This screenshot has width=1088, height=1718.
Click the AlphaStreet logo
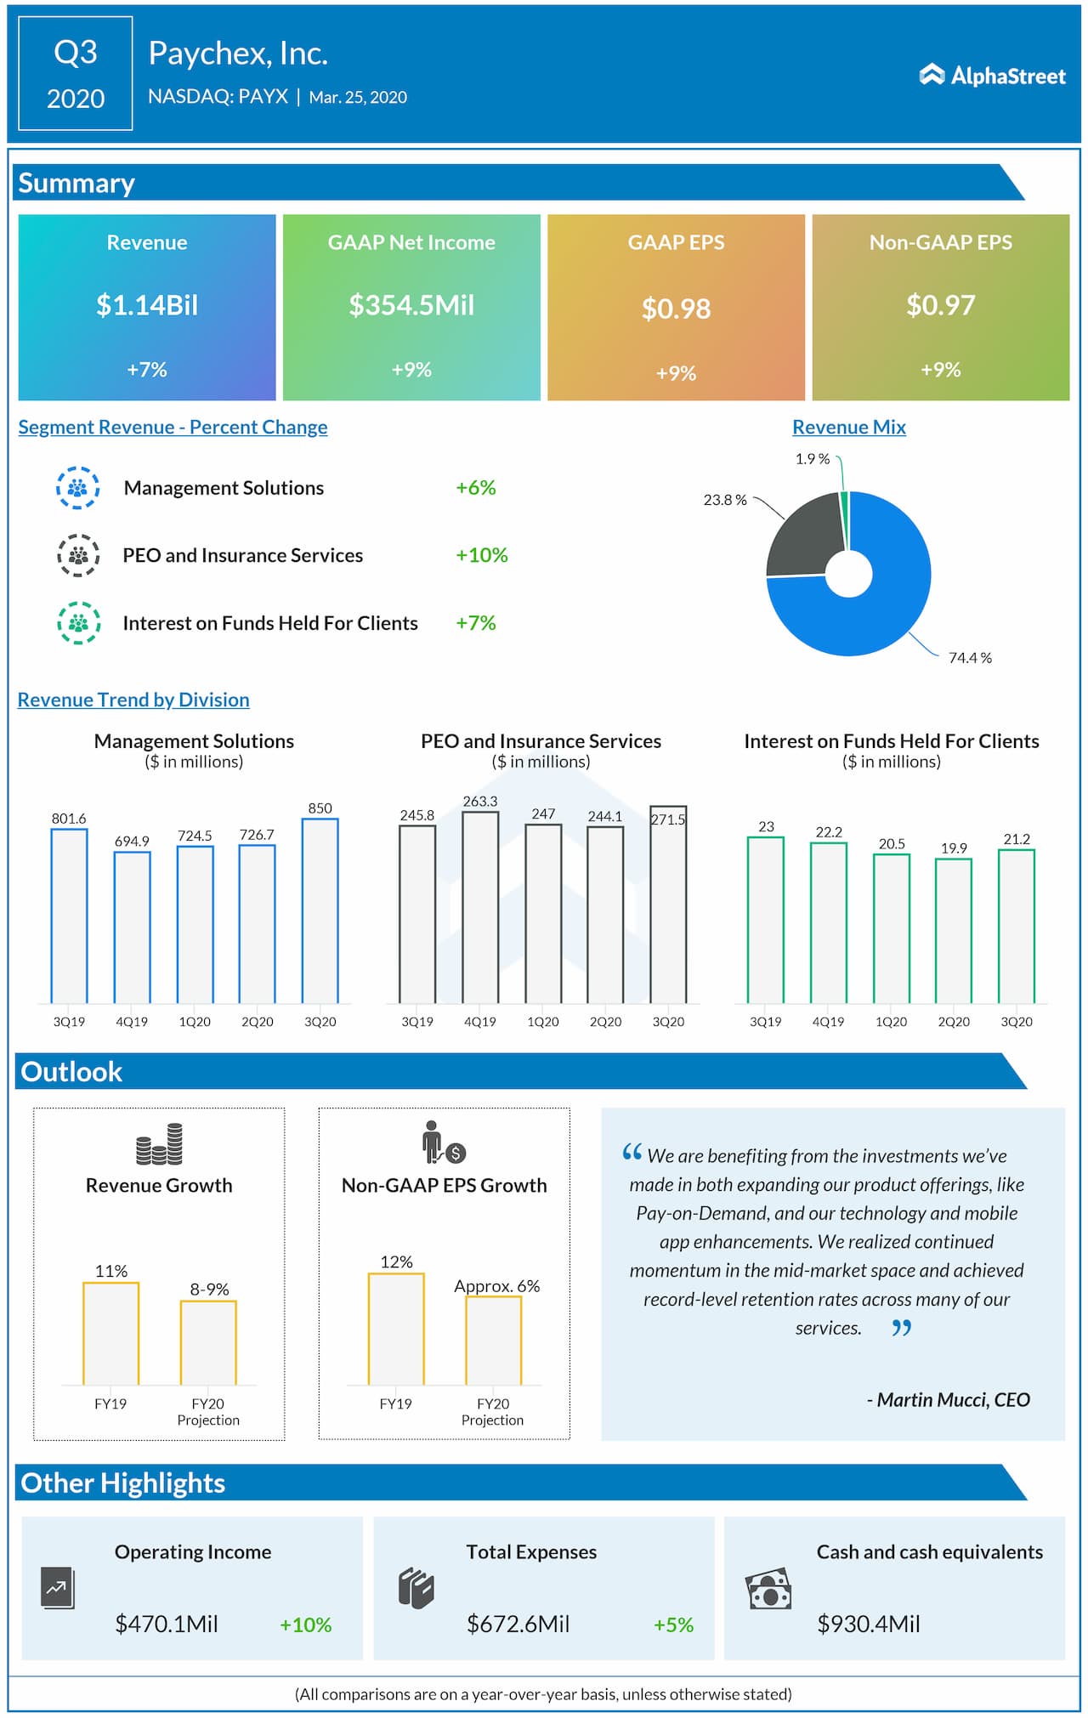tap(992, 76)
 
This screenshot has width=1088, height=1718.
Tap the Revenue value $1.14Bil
tap(147, 305)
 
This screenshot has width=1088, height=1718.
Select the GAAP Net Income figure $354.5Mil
tap(411, 305)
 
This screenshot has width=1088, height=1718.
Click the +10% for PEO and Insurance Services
tap(481, 555)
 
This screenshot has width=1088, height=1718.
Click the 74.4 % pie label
tap(970, 658)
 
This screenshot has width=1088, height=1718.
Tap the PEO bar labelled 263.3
tap(480, 907)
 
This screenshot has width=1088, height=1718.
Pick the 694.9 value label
tap(132, 841)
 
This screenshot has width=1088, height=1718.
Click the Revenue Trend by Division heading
tap(133, 700)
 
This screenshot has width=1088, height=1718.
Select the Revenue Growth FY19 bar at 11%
tap(111, 1333)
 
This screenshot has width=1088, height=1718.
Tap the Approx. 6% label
tap(496, 1285)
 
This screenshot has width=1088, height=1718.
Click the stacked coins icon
tap(159, 1144)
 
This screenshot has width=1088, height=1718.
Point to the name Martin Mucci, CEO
tap(949, 1399)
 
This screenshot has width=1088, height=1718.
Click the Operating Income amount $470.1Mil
tap(167, 1624)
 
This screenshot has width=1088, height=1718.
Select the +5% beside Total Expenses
tap(673, 1624)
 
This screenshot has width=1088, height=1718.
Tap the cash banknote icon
tap(768, 1589)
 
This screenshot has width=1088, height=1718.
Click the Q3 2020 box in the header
tap(76, 74)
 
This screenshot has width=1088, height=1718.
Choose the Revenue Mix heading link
tap(849, 427)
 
